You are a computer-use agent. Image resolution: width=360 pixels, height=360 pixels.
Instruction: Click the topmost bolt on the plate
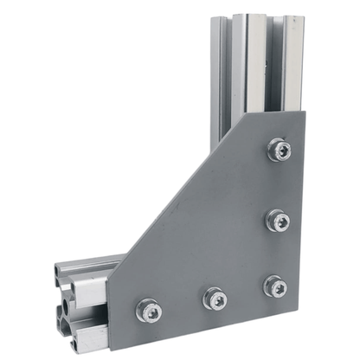[279, 151]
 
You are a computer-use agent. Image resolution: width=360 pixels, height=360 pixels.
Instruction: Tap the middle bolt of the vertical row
[278, 220]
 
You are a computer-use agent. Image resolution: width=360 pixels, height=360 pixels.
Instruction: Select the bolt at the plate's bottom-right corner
[275, 286]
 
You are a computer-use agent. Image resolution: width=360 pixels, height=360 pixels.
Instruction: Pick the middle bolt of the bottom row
[215, 299]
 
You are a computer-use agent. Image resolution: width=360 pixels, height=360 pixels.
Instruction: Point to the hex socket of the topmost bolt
[279, 151]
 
